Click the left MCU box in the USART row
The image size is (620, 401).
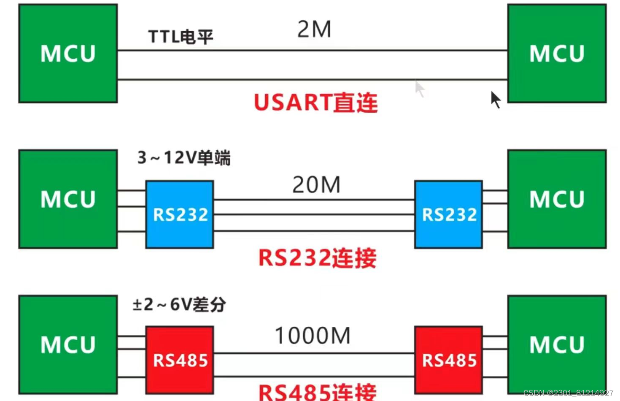(x=68, y=54)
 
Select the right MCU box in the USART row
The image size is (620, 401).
(x=557, y=54)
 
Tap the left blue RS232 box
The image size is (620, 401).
(x=180, y=214)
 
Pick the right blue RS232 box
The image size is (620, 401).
(x=449, y=214)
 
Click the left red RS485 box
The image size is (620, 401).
(x=180, y=360)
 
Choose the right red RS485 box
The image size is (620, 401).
(x=449, y=360)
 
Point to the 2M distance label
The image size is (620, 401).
(x=314, y=30)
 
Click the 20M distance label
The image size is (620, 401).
(x=316, y=185)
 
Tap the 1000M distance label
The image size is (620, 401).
(x=313, y=336)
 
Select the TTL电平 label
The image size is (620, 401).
(x=181, y=37)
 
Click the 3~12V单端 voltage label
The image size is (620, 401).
(x=184, y=158)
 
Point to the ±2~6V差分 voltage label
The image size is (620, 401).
(x=179, y=304)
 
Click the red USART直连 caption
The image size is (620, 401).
(x=315, y=103)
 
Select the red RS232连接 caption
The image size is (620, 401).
(x=317, y=258)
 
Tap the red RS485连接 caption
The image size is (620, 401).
(x=317, y=392)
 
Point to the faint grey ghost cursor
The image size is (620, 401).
(x=420, y=89)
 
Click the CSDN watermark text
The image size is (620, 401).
(x=568, y=393)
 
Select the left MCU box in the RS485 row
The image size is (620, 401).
(x=68, y=345)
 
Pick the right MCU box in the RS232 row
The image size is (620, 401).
(x=557, y=199)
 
